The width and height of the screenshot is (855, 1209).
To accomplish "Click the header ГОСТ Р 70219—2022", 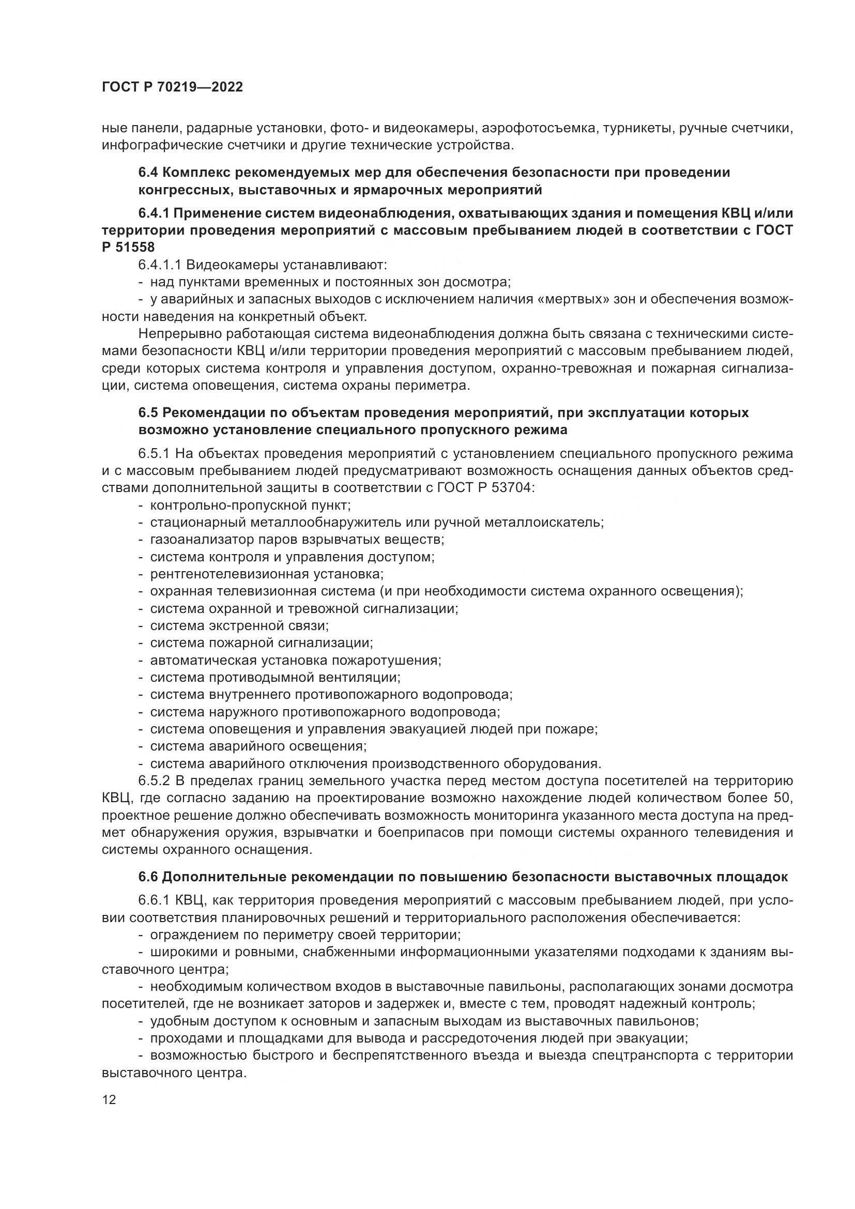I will point(172,87).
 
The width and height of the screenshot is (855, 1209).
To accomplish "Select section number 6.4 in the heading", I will point(148,173).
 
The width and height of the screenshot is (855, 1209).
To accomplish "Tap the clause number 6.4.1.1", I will point(159,265).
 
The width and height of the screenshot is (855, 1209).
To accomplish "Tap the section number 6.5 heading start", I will point(148,412).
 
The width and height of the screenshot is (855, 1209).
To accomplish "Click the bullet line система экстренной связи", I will point(239,625).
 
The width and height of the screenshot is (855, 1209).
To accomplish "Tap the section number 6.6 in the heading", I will point(148,877).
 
